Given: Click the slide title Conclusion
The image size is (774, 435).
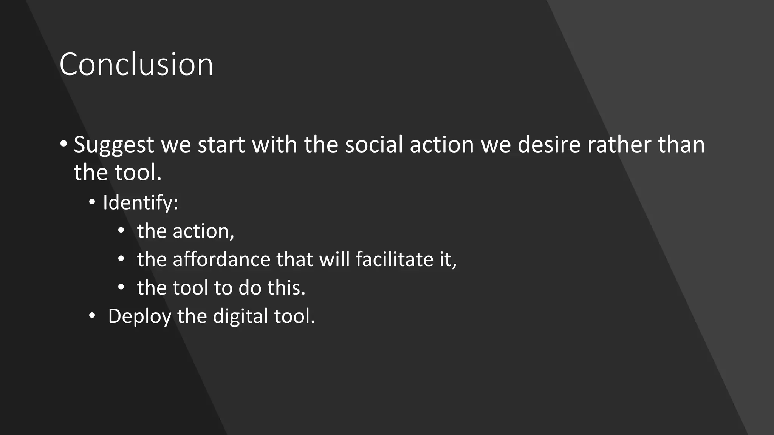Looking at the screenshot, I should point(136,64).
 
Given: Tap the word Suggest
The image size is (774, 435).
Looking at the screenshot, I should point(114,145).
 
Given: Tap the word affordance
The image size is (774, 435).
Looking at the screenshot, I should point(221,259).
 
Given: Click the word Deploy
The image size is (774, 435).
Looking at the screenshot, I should point(139,316).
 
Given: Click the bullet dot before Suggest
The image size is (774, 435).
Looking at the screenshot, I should point(63,143).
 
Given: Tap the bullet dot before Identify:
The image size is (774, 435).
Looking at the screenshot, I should point(92,202).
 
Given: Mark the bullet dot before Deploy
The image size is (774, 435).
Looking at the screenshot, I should point(92,315).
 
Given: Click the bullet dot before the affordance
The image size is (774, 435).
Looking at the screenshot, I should point(121,259).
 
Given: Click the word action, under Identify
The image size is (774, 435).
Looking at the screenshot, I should point(203,231).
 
